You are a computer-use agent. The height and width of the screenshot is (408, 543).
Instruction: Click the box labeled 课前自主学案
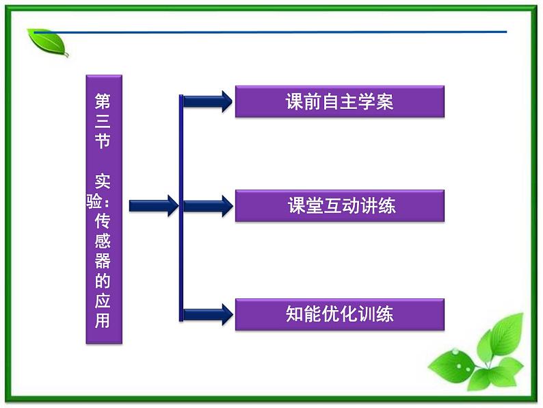pyautogui.click(x=340, y=101)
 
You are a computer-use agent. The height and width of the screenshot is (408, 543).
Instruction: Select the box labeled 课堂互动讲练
pyautogui.click(x=340, y=205)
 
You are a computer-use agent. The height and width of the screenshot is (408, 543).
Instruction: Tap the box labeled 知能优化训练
pyautogui.click(x=340, y=315)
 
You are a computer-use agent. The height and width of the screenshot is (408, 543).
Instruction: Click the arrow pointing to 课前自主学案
pyautogui.click(x=208, y=101)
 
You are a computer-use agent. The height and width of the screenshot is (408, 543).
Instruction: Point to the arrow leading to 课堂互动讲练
pyautogui.click(x=208, y=205)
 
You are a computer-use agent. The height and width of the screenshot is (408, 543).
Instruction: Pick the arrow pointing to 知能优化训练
pyautogui.click(x=208, y=315)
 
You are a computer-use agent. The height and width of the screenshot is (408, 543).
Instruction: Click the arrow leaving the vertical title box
pyautogui.click(x=153, y=205)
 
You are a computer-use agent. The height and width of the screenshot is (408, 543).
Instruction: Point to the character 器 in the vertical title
pyautogui.click(x=103, y=261)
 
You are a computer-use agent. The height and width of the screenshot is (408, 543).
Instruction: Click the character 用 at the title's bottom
pyautogui.click(x=103, y=320)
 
